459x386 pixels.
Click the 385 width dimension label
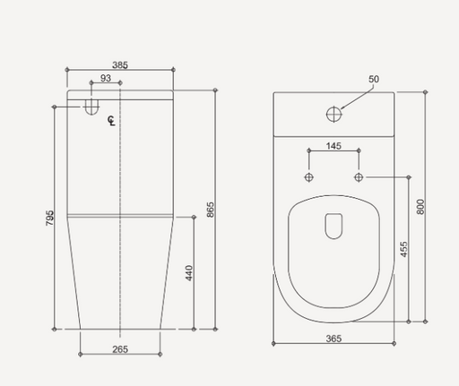tap(119, 64)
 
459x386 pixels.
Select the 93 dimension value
tap(106, 80)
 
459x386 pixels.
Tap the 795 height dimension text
tap(50, 218)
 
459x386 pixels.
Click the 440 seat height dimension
tap(189, 273)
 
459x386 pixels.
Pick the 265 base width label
tap(119, 349)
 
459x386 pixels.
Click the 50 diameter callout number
tap(374, 80)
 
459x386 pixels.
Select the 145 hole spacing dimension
tap(333, 146)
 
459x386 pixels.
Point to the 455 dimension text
tap(403, 249)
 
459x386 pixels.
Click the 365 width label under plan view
tap(333, 339)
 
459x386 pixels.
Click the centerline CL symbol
tap(111, 121)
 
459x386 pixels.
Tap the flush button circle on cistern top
tap(333, 114)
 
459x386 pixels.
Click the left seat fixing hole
tap(309, 177)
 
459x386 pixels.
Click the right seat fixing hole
tap(359, 177)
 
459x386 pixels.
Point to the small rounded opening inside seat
tap(333, 226)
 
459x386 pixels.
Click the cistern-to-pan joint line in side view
tap(119, 215)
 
